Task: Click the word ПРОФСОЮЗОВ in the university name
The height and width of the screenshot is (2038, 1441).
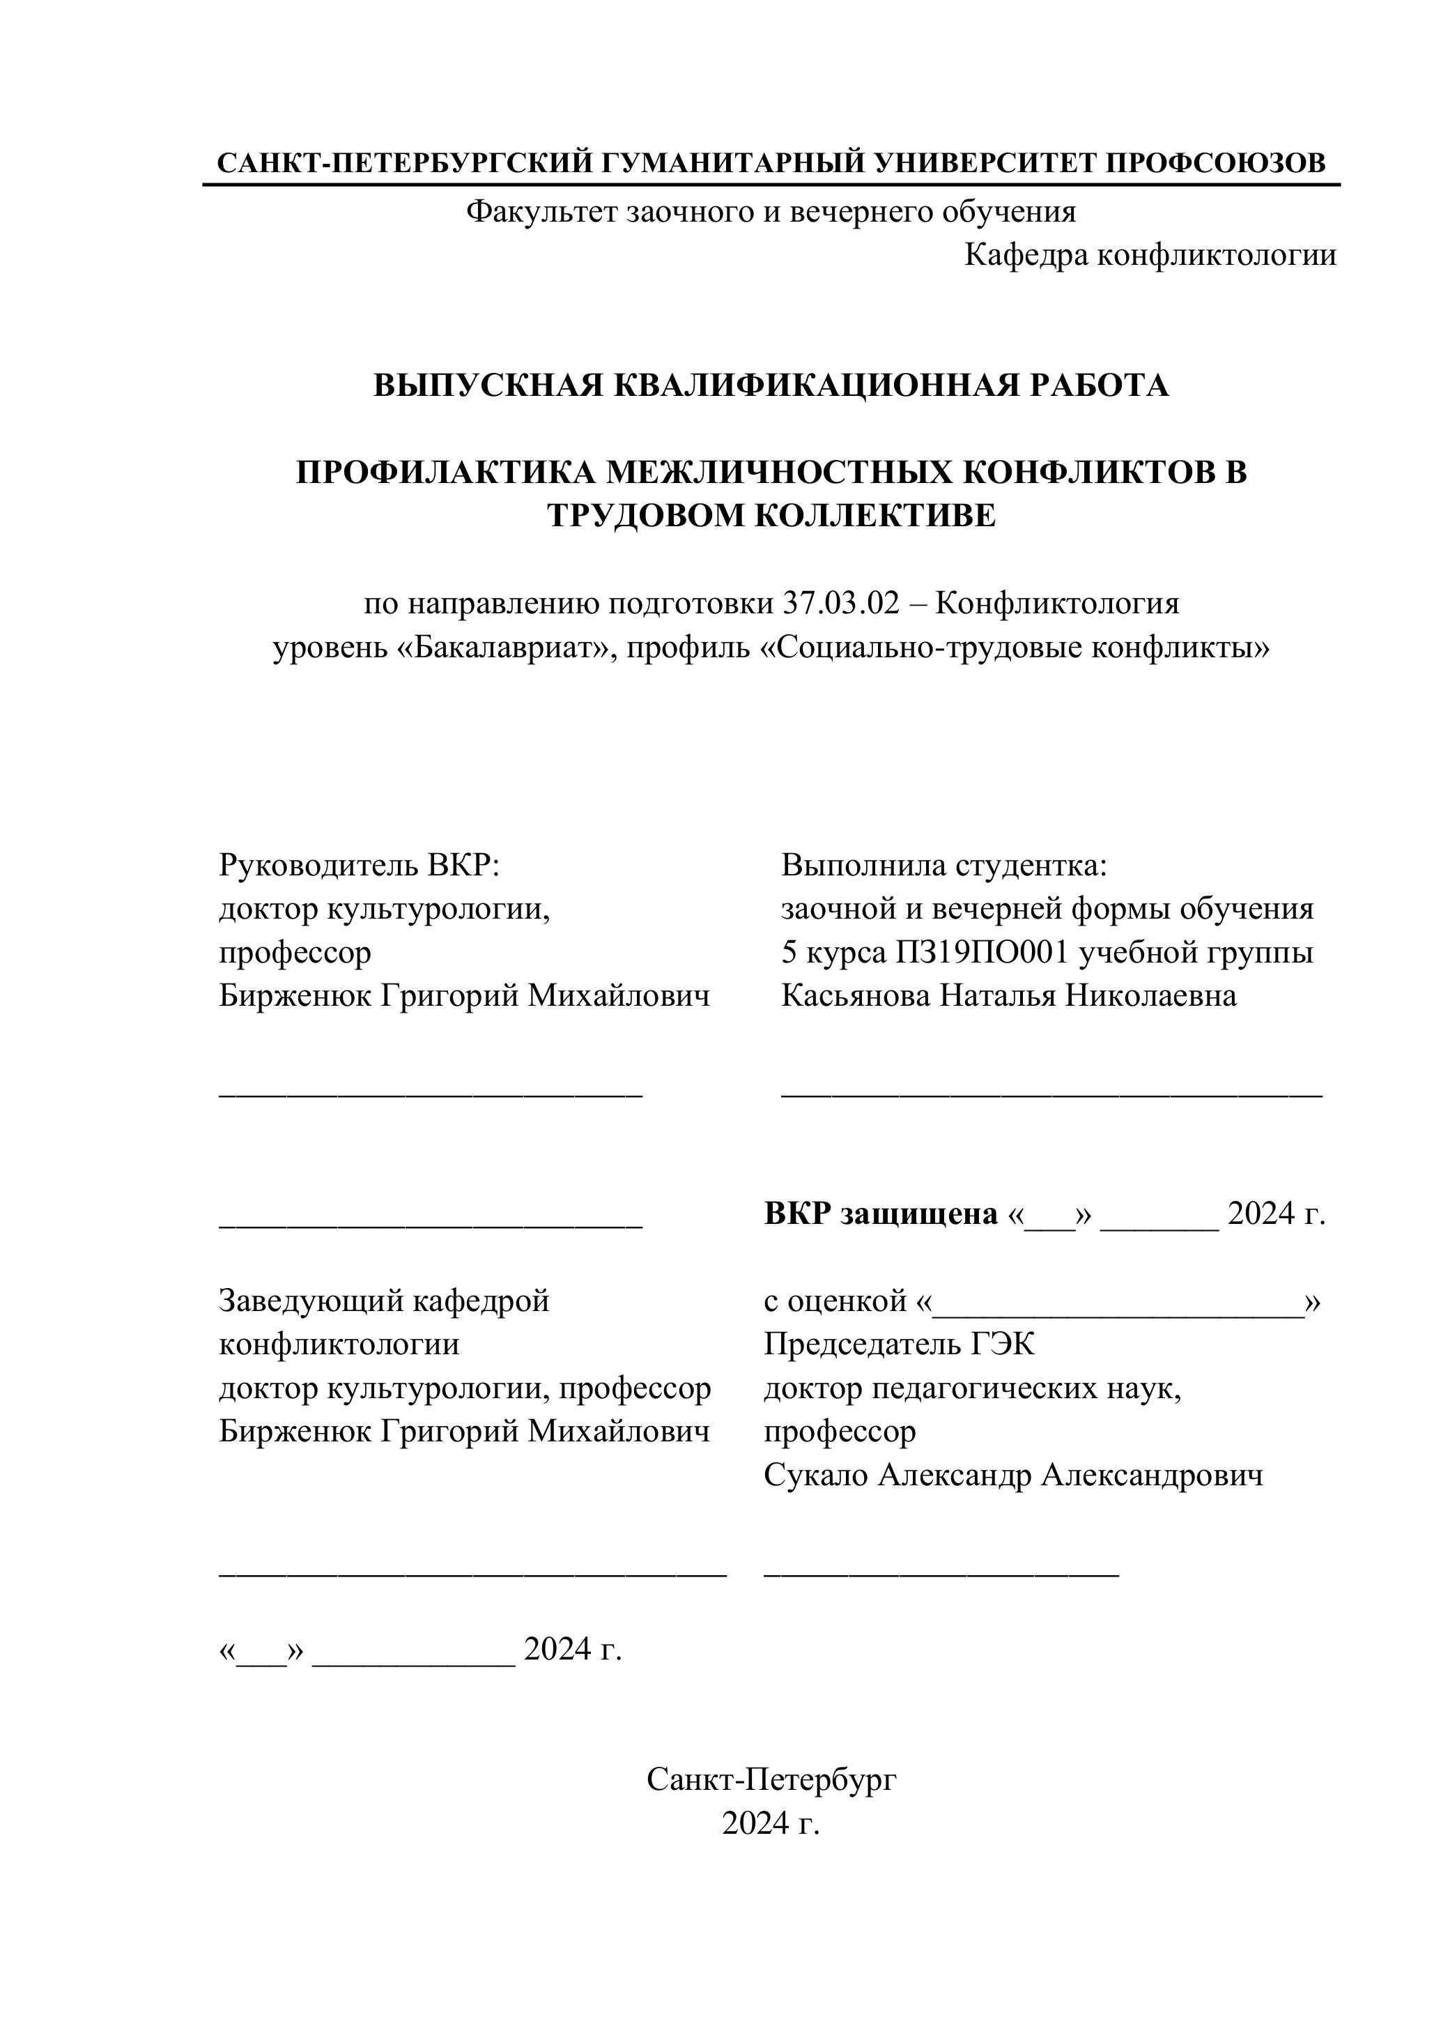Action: [1216, 163]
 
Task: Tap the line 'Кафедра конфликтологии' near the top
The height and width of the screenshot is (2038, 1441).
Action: [1150, 256]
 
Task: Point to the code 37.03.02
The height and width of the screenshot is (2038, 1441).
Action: [840, 604]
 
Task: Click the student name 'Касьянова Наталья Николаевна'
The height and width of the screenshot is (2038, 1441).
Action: [1008, 996]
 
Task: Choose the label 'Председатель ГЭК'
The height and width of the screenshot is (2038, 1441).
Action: [899, 1344]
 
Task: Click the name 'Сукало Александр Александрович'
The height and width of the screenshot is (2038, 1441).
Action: [1013, 1476]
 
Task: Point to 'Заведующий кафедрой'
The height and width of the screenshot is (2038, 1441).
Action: [384, 1301]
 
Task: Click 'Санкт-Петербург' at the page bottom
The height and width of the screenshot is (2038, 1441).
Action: [771, 1779]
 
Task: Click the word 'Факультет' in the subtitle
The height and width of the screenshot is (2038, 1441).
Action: [542, 212]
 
